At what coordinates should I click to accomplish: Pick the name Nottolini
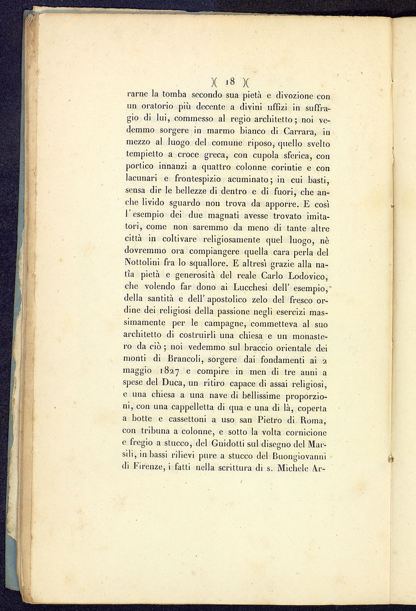point(143,263)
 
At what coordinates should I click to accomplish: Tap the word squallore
point(205,264)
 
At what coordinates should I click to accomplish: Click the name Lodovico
point(304,276)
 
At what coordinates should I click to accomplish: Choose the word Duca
point(172,383)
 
